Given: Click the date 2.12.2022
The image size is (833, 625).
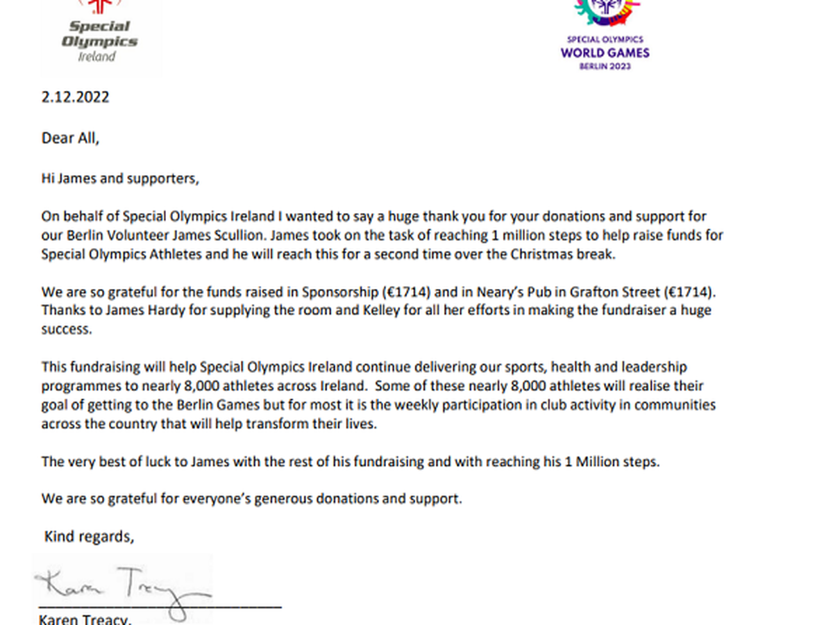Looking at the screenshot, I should (75, 97).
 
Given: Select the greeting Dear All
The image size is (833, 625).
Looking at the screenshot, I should (70, 138).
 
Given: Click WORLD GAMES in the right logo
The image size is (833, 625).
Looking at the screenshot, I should (605, 53).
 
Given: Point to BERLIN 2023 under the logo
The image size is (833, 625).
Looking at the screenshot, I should (605, 66).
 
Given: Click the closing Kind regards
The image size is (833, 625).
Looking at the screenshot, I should (89, 537).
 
